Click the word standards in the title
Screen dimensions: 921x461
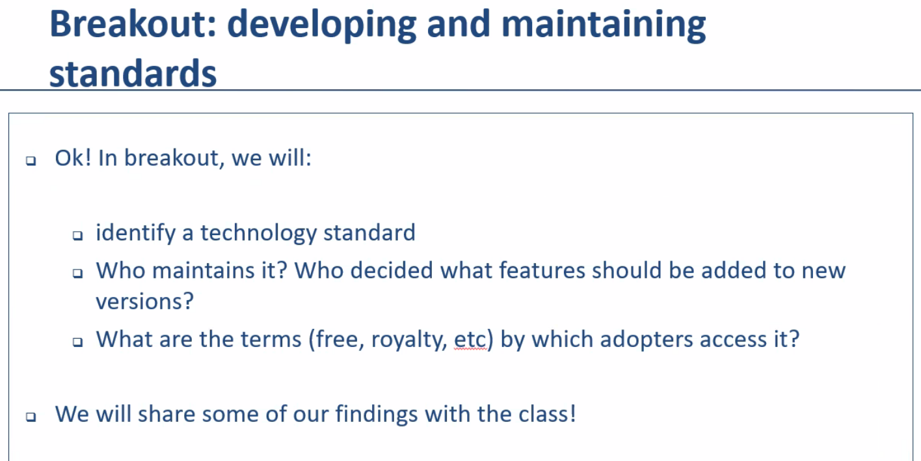pos(133,74)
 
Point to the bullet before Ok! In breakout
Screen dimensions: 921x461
pos(31,161)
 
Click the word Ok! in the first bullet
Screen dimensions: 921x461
pos(73,158)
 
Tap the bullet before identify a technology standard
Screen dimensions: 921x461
pos(77,236)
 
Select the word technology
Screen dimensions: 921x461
pos(259,234)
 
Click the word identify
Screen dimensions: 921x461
pos(136,234)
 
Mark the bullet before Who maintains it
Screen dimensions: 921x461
pos(77,273)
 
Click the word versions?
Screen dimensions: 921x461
pos(145,301)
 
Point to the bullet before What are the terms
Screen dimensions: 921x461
pos(77,342)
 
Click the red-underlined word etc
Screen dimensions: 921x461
pos(470,340)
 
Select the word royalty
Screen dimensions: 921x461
pos(409,341)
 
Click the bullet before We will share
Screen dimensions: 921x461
pos(31,417)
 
